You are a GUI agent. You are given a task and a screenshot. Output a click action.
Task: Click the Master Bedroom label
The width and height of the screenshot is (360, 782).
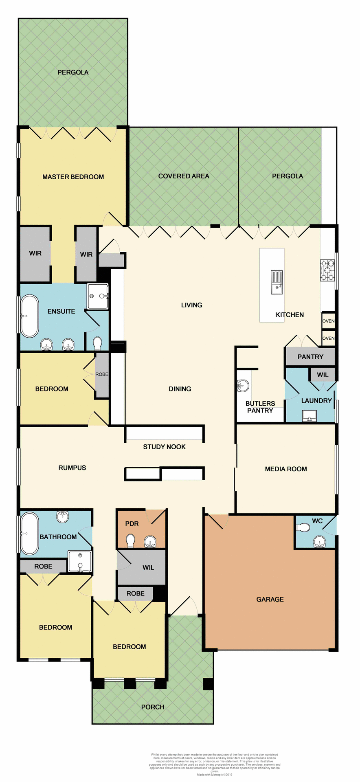tap(73, 177)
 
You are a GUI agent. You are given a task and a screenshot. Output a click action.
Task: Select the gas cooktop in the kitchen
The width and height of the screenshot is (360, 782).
tap(327, 270)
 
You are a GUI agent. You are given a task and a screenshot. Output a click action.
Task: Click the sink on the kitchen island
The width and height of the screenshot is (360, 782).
tap(277, 282)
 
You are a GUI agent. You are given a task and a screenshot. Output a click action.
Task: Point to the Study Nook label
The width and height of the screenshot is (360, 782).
tap(164, 447)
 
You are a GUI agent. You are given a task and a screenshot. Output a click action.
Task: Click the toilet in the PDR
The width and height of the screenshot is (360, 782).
tap(131, 541)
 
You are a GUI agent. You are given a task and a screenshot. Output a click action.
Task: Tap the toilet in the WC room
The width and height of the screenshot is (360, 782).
tap(304, 527)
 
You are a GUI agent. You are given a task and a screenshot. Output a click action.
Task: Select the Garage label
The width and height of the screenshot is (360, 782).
tap(270, 599)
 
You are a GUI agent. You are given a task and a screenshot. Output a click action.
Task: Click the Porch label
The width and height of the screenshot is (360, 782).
tap(153, 707)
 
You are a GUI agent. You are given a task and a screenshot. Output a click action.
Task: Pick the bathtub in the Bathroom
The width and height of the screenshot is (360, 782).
tap(29, 533)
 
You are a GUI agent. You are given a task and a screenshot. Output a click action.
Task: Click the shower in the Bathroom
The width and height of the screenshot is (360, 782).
tap(80, 561)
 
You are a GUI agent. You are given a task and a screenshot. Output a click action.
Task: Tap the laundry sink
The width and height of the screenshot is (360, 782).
tap(310, 415)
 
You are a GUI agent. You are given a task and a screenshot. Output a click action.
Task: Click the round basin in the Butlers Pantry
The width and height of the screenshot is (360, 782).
tap(243, 385)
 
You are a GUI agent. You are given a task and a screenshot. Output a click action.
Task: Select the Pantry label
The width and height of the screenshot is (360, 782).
tap(310, 357)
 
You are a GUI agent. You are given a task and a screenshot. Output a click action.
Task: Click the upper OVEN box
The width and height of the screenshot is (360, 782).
tap(328, 321)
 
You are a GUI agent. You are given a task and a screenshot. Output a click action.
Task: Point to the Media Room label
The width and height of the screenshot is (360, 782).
tap(286, 469)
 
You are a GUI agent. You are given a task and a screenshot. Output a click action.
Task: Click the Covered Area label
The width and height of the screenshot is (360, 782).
tap(184, 176)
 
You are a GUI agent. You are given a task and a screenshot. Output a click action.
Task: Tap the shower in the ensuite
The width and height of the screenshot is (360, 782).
tap(98, 296)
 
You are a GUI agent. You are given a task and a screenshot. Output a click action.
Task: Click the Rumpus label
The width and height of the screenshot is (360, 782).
tap(72, 468)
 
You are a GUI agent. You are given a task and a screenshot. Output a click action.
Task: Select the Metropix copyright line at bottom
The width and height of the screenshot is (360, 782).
tap(215, 775)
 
